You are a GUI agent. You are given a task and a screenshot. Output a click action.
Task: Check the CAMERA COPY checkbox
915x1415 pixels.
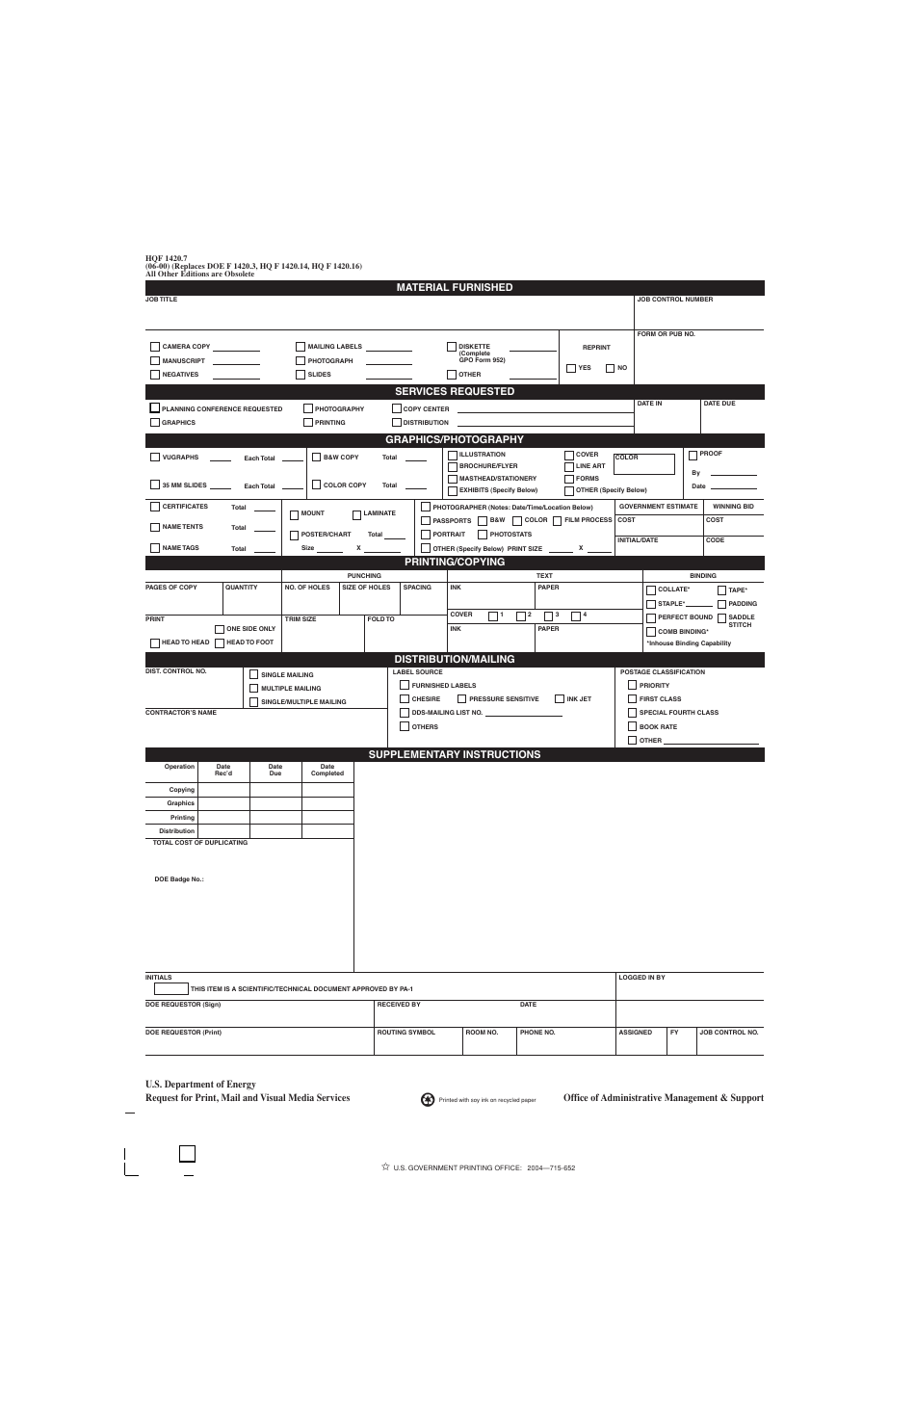155,347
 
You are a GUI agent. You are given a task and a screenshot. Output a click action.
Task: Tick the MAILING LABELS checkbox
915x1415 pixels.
301,347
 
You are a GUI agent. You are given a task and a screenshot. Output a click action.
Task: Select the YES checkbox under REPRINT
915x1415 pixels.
571,368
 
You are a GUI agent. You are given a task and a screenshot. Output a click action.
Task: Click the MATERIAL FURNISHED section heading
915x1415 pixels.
455,287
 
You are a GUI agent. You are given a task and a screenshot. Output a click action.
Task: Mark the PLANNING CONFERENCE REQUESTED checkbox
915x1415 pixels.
155,408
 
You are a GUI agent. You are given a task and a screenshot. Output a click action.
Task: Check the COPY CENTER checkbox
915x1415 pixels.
397,408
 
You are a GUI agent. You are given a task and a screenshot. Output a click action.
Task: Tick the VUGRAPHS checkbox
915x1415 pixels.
155,458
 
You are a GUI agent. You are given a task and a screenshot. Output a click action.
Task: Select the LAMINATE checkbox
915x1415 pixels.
357,514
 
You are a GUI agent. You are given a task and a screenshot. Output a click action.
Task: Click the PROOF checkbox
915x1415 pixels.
693,455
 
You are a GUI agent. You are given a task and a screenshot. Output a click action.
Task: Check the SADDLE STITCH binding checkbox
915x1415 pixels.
722,618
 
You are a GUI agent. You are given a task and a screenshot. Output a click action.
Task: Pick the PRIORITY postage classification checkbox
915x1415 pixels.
633,685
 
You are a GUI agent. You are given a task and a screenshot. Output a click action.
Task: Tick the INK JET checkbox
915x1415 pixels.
560,698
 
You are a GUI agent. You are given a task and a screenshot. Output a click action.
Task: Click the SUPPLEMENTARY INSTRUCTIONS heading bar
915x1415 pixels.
455,754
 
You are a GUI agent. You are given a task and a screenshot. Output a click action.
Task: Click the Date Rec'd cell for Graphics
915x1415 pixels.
223,803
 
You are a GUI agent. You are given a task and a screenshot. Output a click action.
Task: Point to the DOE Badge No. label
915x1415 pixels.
179,878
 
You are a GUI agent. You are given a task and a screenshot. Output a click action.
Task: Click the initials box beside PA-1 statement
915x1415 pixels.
171,988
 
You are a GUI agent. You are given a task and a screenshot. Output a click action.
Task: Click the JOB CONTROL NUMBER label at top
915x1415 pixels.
675,300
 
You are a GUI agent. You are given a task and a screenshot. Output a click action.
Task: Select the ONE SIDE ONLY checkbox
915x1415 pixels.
220,629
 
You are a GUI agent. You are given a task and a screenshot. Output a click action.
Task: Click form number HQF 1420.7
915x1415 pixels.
166,258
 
